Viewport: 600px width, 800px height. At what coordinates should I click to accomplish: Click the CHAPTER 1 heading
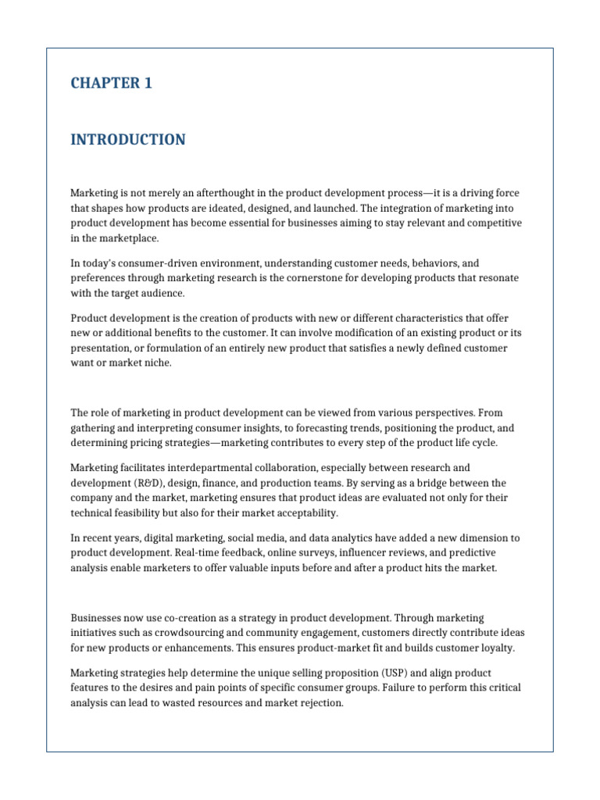[x=111, y=84]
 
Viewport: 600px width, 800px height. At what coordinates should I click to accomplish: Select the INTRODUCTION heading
[x=128, y=140]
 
